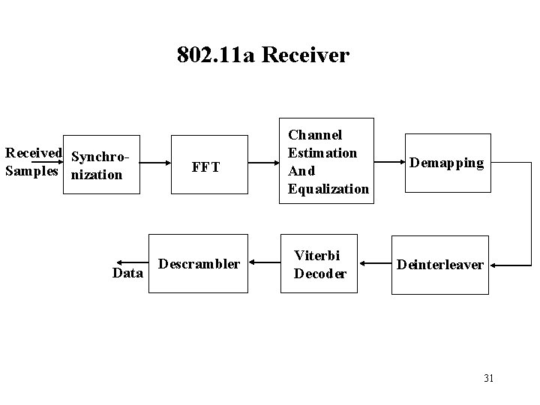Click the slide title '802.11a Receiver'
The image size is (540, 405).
coord(263,55)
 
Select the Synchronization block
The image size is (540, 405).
coord(101,166)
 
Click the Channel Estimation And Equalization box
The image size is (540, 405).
coord(325,161)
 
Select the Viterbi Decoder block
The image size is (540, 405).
coord(320,264)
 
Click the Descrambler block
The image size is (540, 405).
coord(199,264)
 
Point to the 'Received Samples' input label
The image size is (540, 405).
coord(33,162)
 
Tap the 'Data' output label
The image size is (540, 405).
coord(127,273)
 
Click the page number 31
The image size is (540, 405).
coord(488,377)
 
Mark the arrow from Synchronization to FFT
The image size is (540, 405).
coord(155,161)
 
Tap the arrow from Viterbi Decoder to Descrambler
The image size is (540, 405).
coord(263,263)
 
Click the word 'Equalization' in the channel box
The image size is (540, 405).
coord(328,189)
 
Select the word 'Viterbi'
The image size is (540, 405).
coord(320,256)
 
